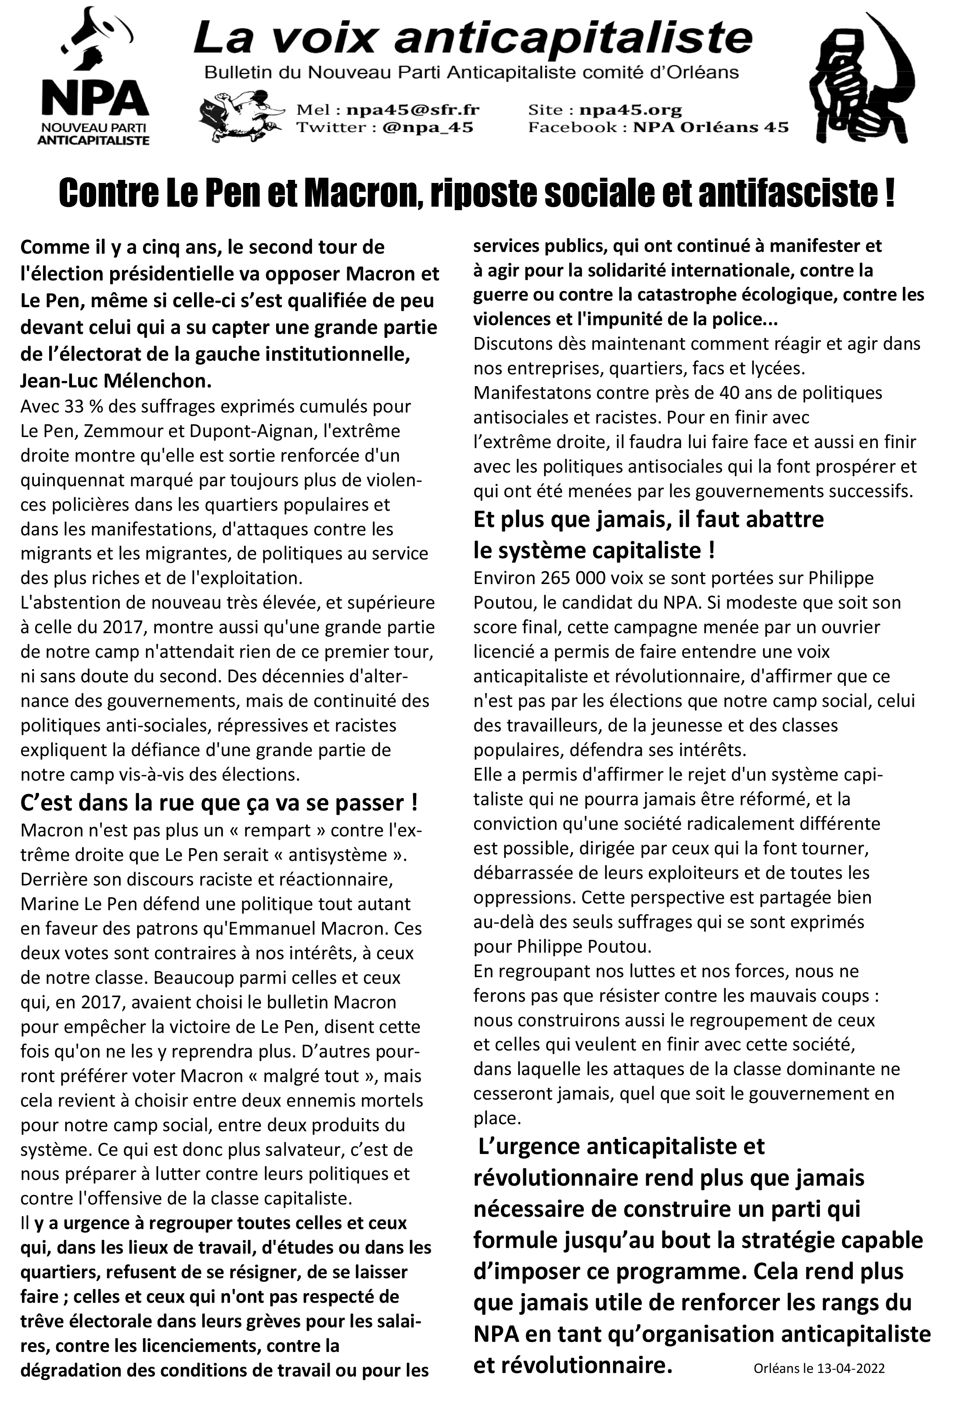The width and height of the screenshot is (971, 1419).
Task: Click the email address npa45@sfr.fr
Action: (x=413, y=110)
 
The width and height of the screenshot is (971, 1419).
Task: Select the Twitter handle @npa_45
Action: (x=428, y=128)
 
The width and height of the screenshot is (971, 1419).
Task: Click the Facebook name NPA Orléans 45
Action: (x=710, y=128)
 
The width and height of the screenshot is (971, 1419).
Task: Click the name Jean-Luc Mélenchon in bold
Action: (x=116, y=381)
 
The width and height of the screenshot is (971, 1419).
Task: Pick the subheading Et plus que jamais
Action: (x=648, y=520)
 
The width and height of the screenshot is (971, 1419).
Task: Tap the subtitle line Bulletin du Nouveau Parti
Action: (x=471, y=73)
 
